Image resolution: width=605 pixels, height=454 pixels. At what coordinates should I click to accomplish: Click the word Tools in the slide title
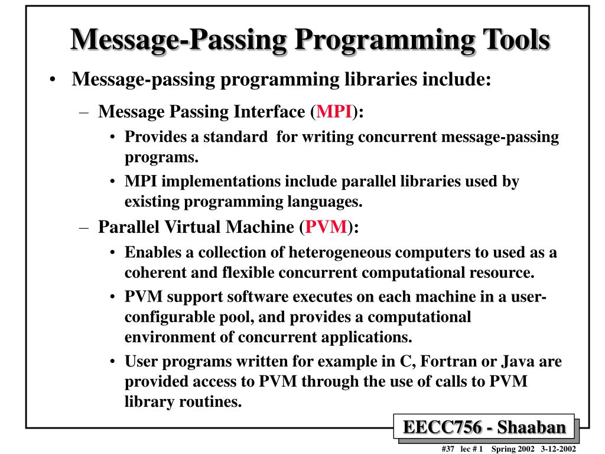(513, 40)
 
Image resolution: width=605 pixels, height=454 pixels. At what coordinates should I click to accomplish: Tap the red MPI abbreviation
(334, 112)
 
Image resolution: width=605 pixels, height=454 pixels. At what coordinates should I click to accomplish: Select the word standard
(236, 137)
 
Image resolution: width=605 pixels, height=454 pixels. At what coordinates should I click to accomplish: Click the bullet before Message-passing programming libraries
(53, 80)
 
